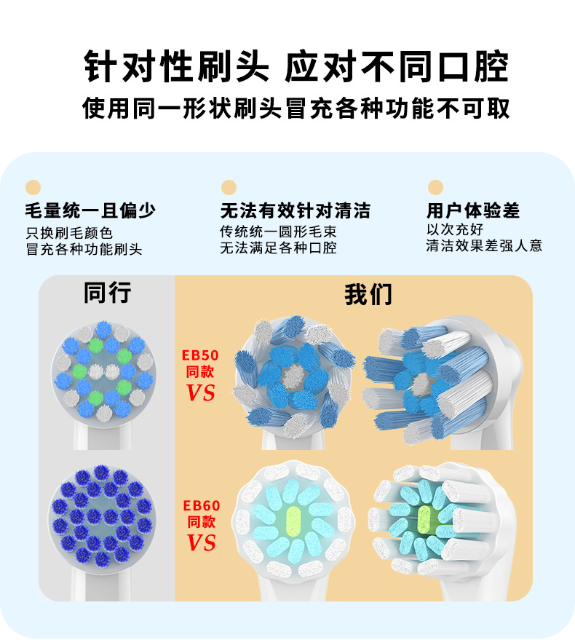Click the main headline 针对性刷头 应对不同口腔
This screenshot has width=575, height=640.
297,66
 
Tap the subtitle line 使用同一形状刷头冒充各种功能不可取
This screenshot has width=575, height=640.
296,108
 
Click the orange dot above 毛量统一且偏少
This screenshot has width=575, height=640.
33,187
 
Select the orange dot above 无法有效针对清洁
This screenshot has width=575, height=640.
229,187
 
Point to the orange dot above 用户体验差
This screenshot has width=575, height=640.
436,187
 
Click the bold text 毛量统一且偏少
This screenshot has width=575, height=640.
90,210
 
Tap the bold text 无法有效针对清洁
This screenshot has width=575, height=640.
296,210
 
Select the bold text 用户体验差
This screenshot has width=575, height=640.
473,210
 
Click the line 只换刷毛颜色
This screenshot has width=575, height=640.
69,233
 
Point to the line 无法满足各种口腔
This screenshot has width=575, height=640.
278,248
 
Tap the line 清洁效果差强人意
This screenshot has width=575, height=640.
485,245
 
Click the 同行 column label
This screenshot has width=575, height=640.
107,293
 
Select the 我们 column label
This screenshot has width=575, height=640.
368,294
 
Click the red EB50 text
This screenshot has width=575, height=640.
200,355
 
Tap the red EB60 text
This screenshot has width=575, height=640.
202,506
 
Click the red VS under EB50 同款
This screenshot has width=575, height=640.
200,392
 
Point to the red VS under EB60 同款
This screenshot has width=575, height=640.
201,543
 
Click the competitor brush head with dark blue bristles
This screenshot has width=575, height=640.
103,517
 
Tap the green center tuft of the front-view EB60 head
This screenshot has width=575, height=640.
293,521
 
